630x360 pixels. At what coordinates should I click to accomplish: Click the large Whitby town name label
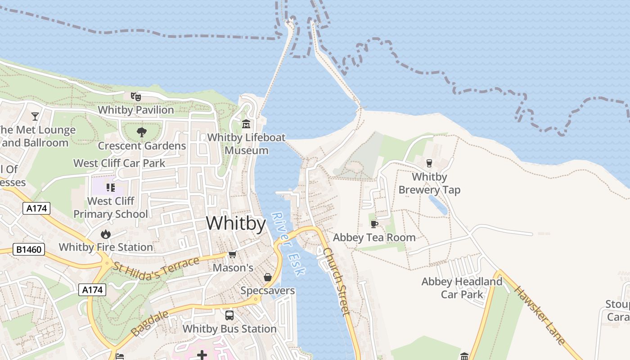pyautogui.click(x=236, y=223)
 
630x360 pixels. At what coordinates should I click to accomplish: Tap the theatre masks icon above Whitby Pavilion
pyautogui.click(x=135, y=96)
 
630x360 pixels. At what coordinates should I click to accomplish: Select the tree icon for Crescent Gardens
pyautogui.click(x=142, y=132)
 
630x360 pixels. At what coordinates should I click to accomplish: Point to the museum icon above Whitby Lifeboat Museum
pyautogui.click(x=246, y=124)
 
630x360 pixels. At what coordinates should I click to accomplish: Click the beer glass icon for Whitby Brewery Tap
pyautogui.click(x=429, y=163)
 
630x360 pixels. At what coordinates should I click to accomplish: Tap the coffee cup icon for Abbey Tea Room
pyautogui.click(x=374, y=224)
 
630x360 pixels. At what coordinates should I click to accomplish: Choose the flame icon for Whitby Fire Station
pyautogui.click(x=106, y=234)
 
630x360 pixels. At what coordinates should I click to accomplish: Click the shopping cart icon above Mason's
pyautogui.click(x=232, y=255)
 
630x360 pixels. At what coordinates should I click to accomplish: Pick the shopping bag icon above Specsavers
pyautogui.click(x=268, y=277)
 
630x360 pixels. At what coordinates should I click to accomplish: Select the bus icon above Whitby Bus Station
pyautogui.click(x=229, y=315)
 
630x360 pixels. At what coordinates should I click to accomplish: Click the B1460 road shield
pyautogui.click(x=29, y=249)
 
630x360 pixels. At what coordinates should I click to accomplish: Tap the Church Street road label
pyautogui.click(x=337, y=281)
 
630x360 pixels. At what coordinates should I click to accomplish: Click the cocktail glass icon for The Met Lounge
pyautogui.click(x=35, y=117)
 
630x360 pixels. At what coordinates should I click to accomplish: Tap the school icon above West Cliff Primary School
pyautogui.click(x=111, y=187)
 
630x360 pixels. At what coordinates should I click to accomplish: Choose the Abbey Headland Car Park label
pyautogui.click(x=462, y=288)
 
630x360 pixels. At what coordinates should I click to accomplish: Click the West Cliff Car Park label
pyautogui.click(x=119, y=163)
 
